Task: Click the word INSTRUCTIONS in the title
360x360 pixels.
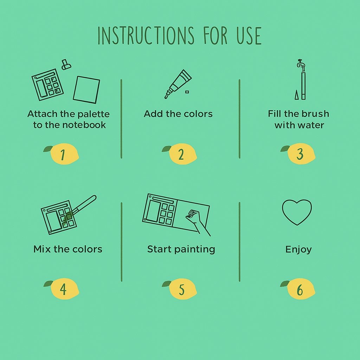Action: click(x=146, y=36)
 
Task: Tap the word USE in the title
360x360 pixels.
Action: click(x=249, y=36)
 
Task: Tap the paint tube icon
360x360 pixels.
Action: click(x=178, y=84)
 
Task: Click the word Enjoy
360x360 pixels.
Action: click(x=298, y=250)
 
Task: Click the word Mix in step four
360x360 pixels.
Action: click(x=42, y=249)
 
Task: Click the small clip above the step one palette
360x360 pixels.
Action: click(x=66, y=65)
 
